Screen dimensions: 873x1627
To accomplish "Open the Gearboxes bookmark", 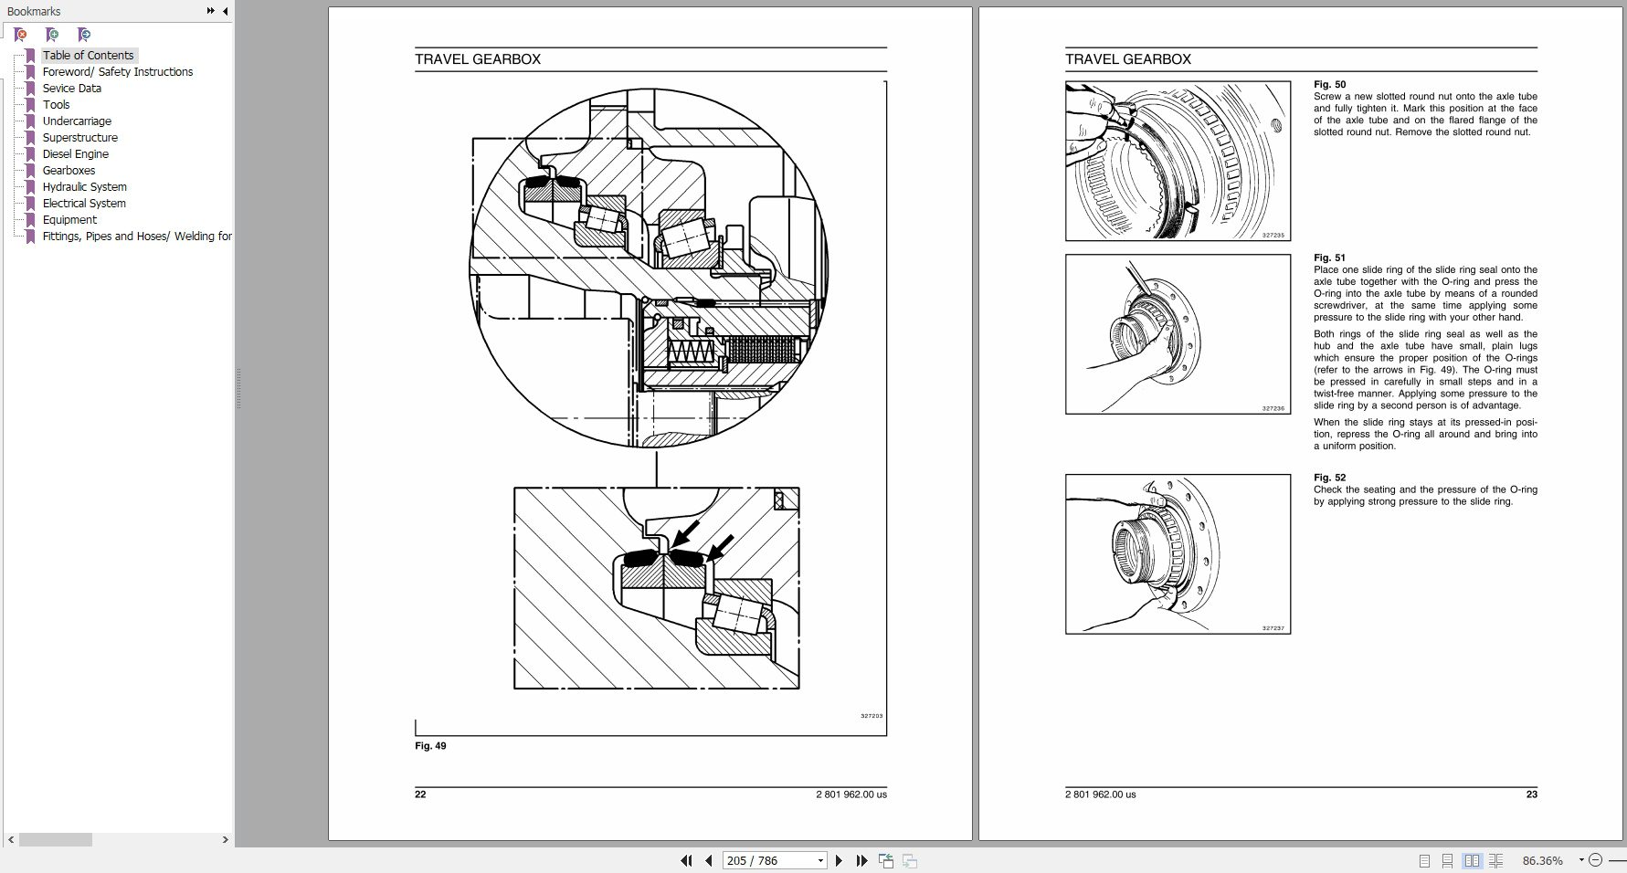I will coord(69,171).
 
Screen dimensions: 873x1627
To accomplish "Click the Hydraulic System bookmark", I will coord(84,187).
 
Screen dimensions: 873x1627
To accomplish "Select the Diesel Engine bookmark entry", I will coord(75,154).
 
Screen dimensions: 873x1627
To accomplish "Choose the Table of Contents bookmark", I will coord(88,56).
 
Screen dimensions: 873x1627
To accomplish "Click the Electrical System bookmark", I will coord(84,204).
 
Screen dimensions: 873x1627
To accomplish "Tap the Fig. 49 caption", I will coord(430,746).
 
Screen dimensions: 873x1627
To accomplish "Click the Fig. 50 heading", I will coord(1329,85).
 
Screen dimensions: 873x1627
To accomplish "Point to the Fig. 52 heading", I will coord(1329,478).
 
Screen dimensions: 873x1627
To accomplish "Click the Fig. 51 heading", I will coord(1329,258).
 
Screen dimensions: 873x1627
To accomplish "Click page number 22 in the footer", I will coord(420,794).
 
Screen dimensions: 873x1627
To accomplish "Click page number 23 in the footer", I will coord(1531,794).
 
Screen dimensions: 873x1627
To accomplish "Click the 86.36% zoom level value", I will coord(1542,860).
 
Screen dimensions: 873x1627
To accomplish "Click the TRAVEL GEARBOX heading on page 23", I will coord(1127,59).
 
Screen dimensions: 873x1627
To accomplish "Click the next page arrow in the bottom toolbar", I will coord(839,860).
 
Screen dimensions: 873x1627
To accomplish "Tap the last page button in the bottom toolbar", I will coord(861,860).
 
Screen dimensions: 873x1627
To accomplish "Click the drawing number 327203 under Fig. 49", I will coord(872,716).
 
